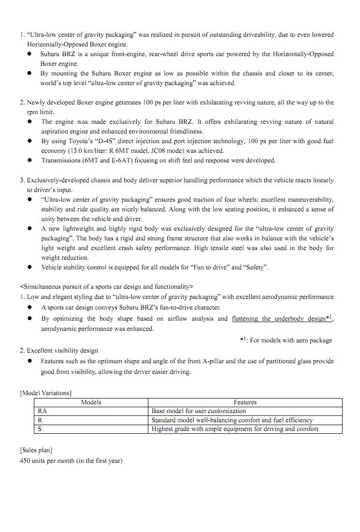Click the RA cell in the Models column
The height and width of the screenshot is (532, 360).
42,411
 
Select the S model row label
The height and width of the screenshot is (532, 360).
40,429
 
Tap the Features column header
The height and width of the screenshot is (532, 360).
245,402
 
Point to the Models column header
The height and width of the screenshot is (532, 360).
91,402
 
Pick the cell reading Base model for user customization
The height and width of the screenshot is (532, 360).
199,411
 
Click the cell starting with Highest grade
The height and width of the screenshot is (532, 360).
235,429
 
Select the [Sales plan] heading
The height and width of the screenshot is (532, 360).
36,450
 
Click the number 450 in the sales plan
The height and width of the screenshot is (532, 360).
26,461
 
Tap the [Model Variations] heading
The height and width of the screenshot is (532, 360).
45,393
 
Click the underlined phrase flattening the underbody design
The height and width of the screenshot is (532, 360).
278,319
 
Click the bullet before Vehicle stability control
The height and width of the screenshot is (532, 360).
29,267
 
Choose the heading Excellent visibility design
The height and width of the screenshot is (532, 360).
62,351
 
